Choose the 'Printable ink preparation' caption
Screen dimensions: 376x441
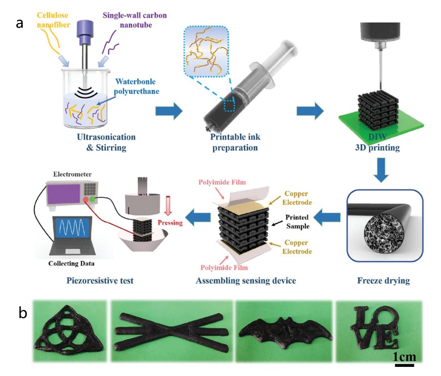(234, 143)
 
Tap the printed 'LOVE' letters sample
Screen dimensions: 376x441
(378, 328)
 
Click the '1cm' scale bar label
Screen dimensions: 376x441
(405, 357)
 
